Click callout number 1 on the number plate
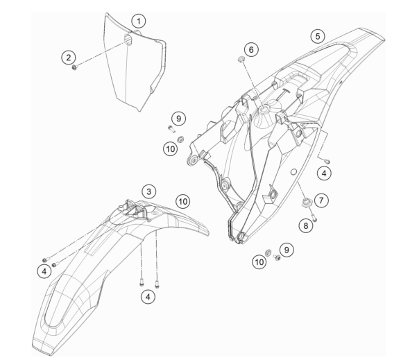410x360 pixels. pyautogui.click(x=139, y=22)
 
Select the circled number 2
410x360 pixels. pyautogui.click(x=69, y=58)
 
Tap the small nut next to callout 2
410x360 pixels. pyautogui.click(x=74, y=68)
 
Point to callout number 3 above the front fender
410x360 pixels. pyautogui.click(x=148, y=191)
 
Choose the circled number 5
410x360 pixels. pyautogui.click(x=318, y=36)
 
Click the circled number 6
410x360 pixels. pyautogui.click(x=251, y=49)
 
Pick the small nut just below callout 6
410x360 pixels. pyautogui.click(x=241, y=59)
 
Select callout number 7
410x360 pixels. pyautogui.click(x=321, y=200)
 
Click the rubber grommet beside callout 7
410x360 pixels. pyautogui.click(x=306, y=202)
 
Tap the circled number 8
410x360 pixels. pyautogui.click(x=306, y=225)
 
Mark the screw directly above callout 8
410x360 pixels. pyautogui.click(x=314, y=218)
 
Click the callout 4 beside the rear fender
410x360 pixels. pyautogui.click(x=324, y=173)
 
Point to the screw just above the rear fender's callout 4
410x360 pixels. pyautogui.click(x=327, y=162)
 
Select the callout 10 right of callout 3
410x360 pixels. pyautogui.click(x=182, y=202)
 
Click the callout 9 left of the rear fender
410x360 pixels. pyautogui.click(x=178, y=119)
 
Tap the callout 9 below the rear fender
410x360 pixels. pyautogui.click(x=287, y=250)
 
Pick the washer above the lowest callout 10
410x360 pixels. pyautogui.click(x=268, y=252)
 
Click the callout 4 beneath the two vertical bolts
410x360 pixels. pyautogui.click(x=148, y=297)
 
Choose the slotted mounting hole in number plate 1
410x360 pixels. pyautogui.click(x=128, y=39)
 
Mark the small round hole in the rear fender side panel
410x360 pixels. pyautogui.click(x=294, y=172)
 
